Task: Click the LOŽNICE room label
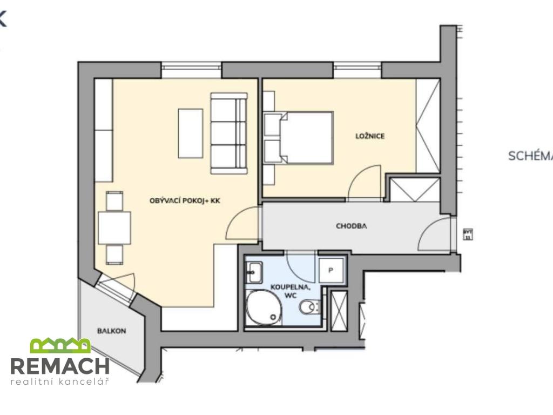(x=370, y=136)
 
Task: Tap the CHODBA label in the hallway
(x=352, y=226)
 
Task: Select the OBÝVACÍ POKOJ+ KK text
(x=185, y=200)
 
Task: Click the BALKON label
(x=112, y=331)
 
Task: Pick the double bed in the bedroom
(x=305, y=138)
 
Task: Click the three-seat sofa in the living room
(x=228, y=133)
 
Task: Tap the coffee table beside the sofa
(x=191, y=133)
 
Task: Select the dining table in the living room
(x=114, y=227)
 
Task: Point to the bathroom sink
(x=254, y=272)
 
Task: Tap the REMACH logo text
(x=60, y=366)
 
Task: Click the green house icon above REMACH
(x=60, y=345)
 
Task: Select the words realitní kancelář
(x=60, y=382)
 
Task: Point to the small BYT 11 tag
(x=468, y=234)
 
